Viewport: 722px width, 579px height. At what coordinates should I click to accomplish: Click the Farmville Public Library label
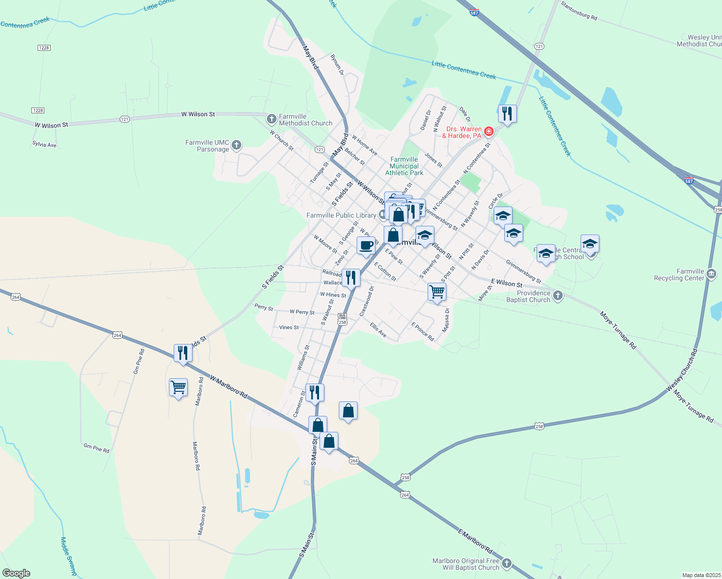point(341,215)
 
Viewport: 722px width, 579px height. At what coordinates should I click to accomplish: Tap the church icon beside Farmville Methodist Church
point(271,118)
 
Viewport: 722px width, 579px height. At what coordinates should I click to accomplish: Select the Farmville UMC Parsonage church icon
point(236,144)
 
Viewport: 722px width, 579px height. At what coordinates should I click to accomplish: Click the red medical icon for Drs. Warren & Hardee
point(489,131)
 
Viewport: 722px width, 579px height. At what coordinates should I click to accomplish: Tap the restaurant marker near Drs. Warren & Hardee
point(507,114)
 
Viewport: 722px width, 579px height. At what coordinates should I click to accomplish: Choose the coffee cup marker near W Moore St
point(366,245)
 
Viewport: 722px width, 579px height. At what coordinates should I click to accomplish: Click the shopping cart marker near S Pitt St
point(437,291)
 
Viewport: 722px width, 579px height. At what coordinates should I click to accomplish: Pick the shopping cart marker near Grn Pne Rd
point(178,387)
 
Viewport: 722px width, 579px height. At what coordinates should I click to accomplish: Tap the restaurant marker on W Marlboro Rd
point(182,353)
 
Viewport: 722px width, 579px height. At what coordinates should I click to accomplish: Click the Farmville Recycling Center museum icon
point(711,274)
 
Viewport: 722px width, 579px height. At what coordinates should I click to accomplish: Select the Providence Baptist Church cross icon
point(558,295)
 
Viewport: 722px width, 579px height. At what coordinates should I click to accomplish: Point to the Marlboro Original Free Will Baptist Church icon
point(506,563)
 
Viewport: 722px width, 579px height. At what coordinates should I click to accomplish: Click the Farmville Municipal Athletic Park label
point(404,166)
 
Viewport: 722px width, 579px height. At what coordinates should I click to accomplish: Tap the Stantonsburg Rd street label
point(579,11)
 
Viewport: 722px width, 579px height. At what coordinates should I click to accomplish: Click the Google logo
point(16,573)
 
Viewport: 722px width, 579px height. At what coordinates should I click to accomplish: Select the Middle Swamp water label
point(69,556)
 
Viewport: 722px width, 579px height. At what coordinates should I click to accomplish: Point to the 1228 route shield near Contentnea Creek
point(44,48)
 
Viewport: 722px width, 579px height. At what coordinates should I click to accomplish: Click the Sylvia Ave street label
point(44,144)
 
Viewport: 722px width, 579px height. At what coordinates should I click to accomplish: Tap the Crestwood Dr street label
point(367,301)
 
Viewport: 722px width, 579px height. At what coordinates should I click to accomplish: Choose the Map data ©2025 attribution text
point(701,575)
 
